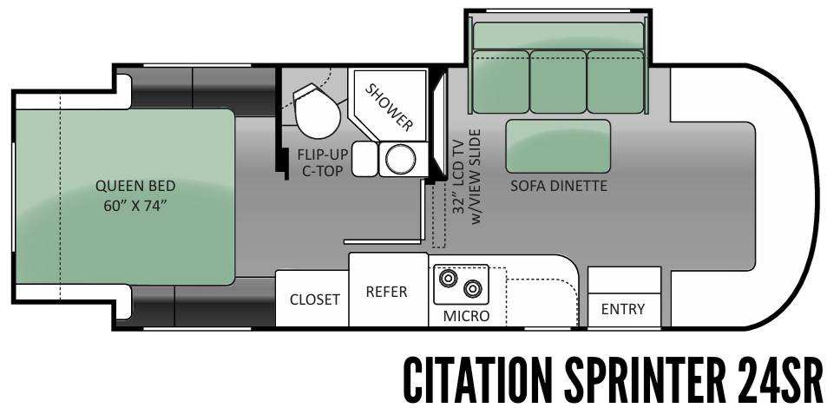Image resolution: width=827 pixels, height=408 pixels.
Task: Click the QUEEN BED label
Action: point(135,185)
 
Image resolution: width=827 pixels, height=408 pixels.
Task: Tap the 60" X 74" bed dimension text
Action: point(135,205)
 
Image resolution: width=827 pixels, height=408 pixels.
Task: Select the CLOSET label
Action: point(314,299)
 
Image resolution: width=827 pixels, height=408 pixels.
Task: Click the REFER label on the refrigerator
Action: point(386,292)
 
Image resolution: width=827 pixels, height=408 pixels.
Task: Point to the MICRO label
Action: point(466,315)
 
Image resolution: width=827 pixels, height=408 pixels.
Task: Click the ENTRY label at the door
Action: point(623,309)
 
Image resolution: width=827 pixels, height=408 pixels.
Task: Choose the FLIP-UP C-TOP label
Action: point(323,162)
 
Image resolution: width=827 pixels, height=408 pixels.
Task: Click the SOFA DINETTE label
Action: point(558,186)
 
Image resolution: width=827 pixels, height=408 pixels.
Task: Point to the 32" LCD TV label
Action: point(458,174)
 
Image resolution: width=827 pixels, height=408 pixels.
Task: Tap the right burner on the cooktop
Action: point(473,287)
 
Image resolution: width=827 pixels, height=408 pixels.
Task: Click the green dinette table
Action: point(558,146)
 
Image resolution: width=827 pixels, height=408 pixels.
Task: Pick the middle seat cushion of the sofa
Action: point(557,81)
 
